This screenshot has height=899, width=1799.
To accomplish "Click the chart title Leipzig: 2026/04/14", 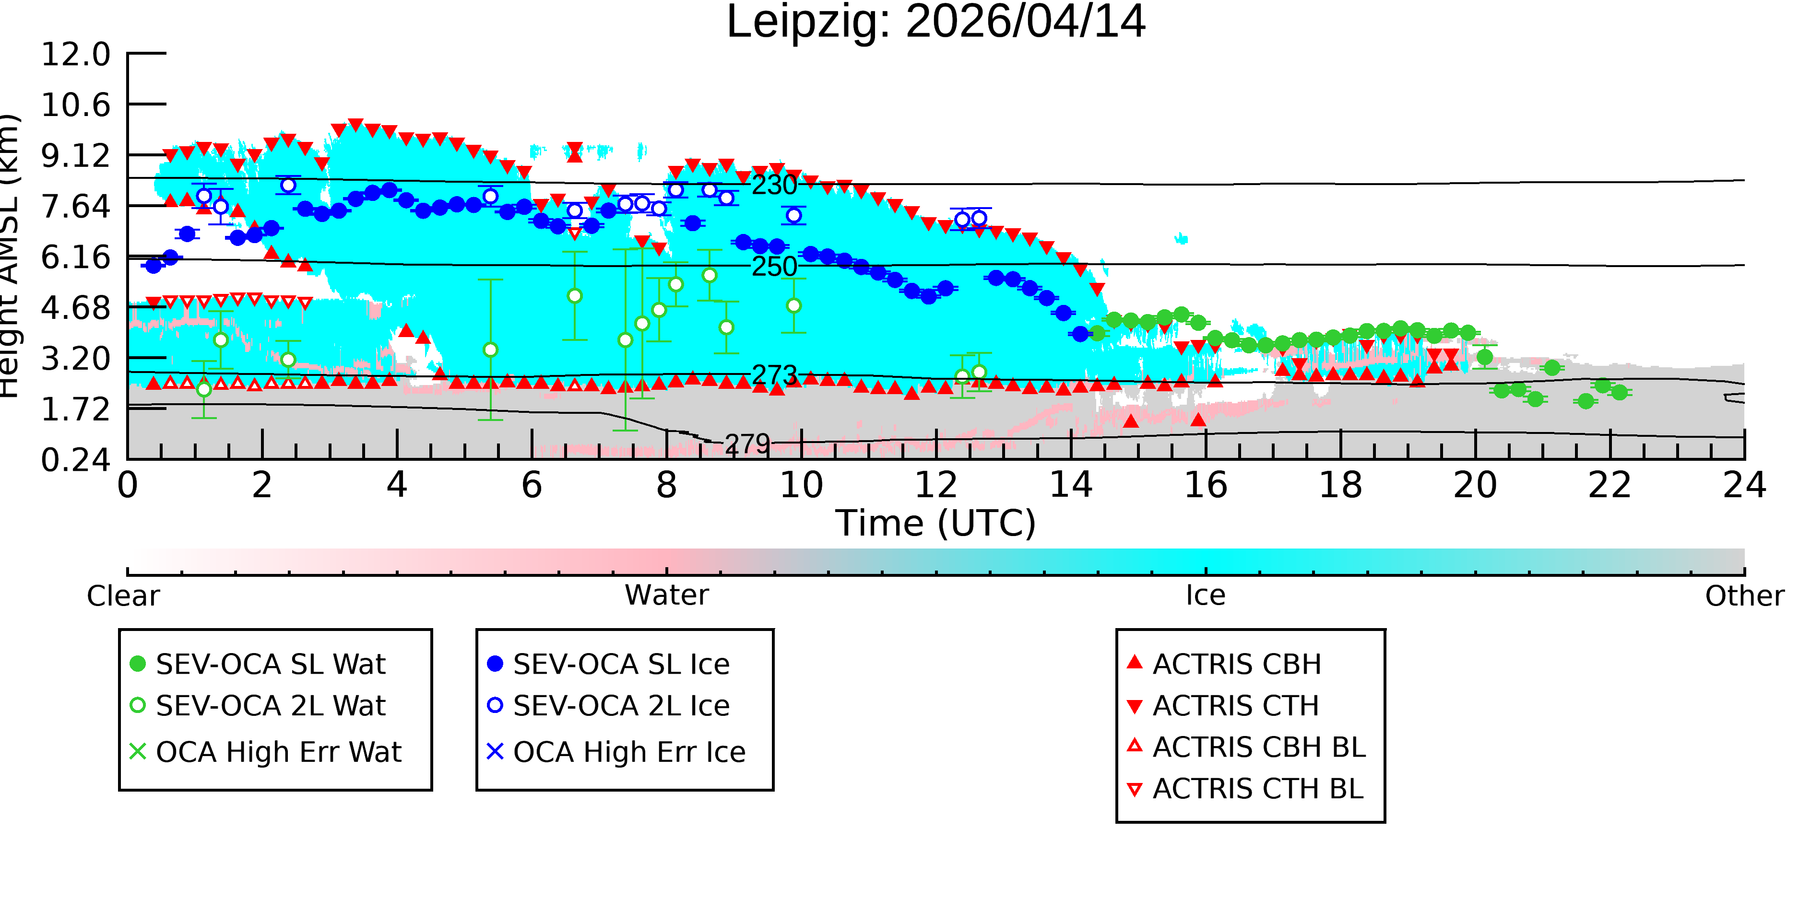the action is [936, 23].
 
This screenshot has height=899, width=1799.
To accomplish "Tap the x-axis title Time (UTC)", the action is [936, 524].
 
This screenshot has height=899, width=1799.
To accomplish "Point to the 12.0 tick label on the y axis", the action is [75, 55].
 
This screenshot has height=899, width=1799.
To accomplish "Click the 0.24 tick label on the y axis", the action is [75, 460].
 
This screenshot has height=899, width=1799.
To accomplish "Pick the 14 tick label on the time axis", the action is [1071, 485].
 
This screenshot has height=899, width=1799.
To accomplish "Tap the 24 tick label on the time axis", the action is [1744, 485].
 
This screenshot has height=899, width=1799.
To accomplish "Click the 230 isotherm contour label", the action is [774, 185].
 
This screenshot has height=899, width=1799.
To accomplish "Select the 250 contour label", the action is [774, 267].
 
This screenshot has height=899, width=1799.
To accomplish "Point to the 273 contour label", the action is [774, 375].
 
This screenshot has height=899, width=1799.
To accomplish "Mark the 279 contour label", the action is [747, 444].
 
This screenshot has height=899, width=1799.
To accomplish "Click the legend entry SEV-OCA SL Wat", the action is [259, 664].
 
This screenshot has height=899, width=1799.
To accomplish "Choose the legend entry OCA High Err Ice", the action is [616, 752].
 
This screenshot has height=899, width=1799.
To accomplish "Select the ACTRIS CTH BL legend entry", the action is [1246, 789].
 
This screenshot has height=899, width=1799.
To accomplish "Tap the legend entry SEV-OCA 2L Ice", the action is [609, 706].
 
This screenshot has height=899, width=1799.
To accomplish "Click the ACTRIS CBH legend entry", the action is [1224, 664].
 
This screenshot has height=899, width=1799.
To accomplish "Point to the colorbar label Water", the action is [667, 595].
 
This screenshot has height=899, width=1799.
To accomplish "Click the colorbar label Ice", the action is [1206, 595].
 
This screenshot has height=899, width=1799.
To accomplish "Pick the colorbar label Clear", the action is [123, 596].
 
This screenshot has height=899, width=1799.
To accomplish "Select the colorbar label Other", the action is [1744, 596].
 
